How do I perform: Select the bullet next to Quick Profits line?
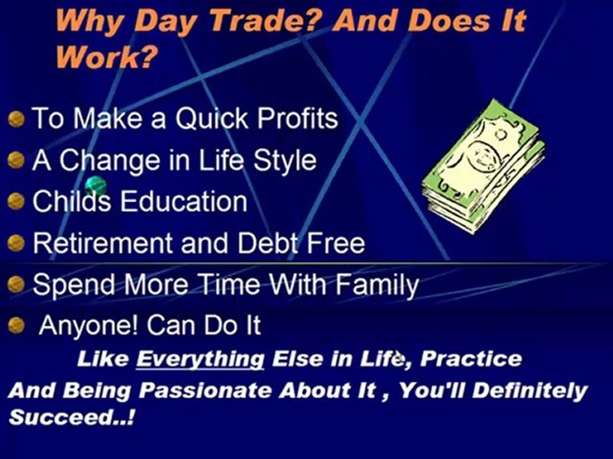tap(17, 119)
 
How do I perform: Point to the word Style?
tap(285, 160)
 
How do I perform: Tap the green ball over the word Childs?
tap(94, 186)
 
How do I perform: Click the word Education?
tap(184, 201)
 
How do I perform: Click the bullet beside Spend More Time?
tap(17, 284)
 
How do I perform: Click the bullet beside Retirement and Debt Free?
tap(17, 243)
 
